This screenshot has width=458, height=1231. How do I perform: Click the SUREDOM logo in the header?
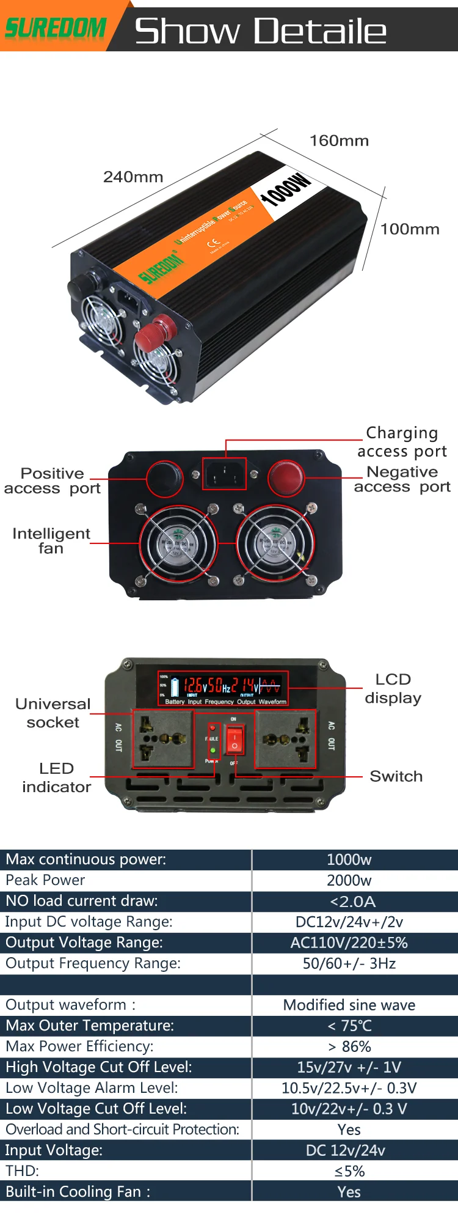pos(55,28)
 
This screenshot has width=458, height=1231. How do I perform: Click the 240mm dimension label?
pos(133,177)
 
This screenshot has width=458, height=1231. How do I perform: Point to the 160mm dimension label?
pos(339,141)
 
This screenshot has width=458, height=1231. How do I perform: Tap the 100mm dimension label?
pos(410,230)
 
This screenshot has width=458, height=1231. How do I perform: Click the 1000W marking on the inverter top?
pos(285,189)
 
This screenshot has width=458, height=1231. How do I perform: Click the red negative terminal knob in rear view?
pos(286,477)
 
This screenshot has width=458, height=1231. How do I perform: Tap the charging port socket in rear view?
pos(224,474)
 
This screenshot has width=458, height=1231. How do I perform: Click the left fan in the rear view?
pos(178,543)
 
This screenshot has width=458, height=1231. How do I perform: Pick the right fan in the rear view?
pos(275,543)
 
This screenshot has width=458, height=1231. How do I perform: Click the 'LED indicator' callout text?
pos(56,777)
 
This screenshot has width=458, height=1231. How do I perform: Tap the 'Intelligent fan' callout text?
pos(51,541)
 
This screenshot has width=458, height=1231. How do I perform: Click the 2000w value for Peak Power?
pos(349,880)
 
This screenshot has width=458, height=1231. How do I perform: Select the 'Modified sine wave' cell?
pos(349,1005)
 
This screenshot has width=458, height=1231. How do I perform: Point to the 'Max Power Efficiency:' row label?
pos(79,1046)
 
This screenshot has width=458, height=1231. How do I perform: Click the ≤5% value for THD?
pos(349,1171)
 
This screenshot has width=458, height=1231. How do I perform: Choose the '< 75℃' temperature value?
pos(349,1026)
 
